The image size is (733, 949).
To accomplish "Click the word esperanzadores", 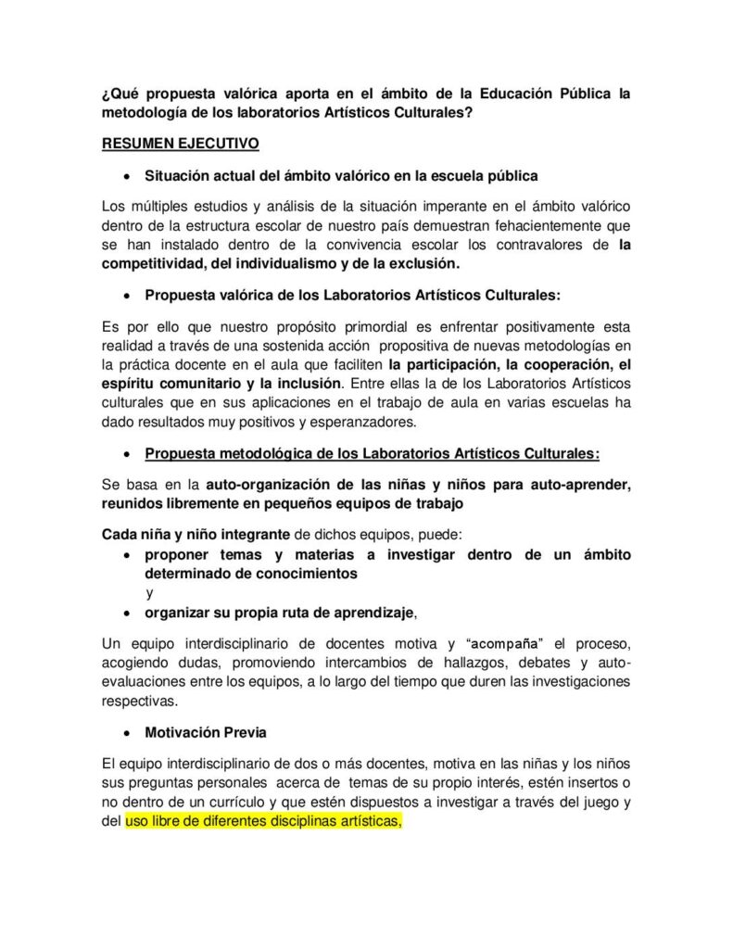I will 360,423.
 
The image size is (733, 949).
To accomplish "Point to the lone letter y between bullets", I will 149,592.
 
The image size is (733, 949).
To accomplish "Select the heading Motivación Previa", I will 206,732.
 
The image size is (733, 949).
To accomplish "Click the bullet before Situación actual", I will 129,175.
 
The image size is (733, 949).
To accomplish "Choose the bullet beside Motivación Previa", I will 129,733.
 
